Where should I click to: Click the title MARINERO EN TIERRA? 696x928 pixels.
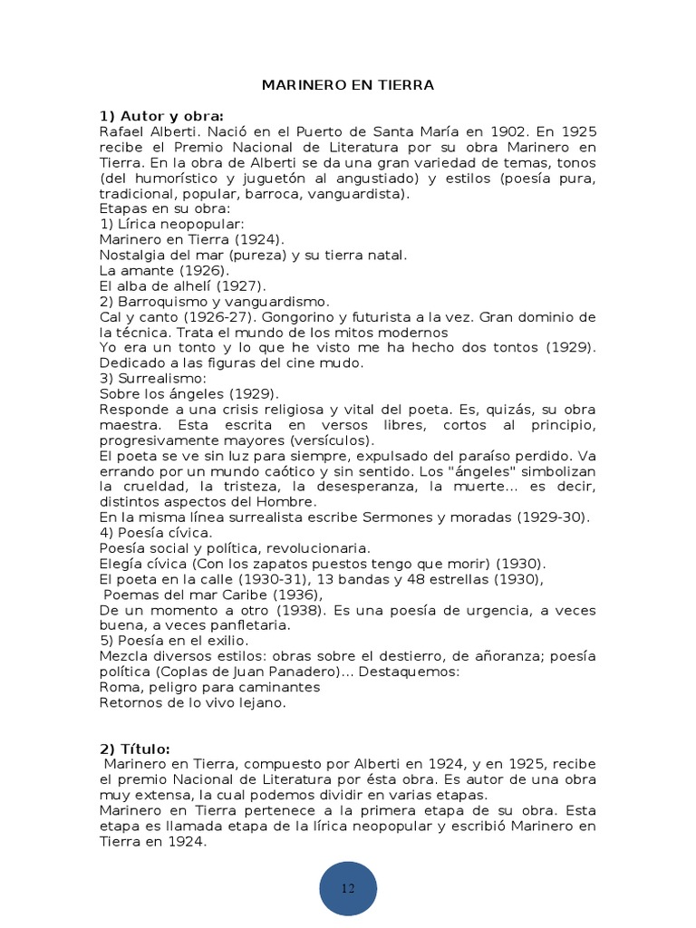(348, 85)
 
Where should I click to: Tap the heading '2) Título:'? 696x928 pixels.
(134, 748)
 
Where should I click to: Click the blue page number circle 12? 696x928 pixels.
(348, 888)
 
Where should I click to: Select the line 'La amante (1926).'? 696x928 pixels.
(163, 270)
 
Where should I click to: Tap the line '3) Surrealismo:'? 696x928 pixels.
(153, 378)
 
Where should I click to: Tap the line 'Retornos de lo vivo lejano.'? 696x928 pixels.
(192, 701)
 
